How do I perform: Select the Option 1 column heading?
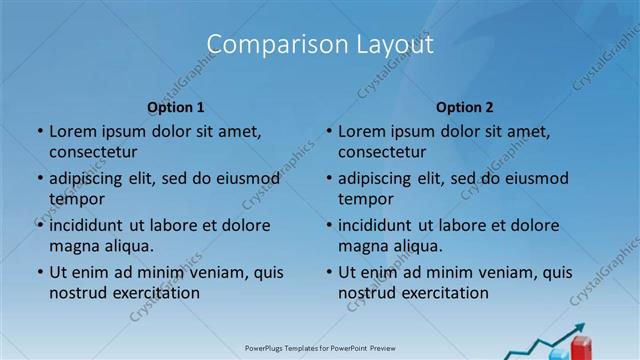[176, 107]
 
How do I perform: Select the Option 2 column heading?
[465, 107]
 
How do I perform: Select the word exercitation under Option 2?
[443, 293]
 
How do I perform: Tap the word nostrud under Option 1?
[77, 293]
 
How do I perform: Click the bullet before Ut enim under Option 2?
[329, 272]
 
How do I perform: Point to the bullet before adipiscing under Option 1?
[40, 178]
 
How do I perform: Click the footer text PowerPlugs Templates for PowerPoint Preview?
[320, 349]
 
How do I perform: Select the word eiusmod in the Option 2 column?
[538, 178]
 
